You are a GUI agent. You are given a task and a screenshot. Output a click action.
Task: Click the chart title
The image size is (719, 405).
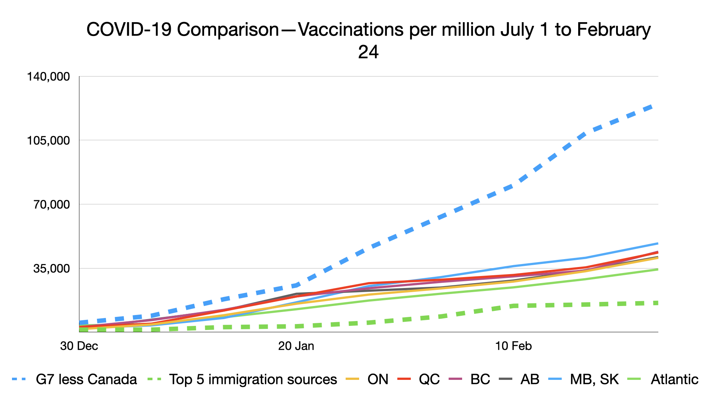click(x=368, y=30)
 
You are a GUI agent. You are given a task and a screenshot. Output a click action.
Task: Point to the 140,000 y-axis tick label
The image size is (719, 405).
click(x=48, y=76)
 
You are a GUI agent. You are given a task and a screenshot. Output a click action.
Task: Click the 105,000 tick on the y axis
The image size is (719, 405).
click(x=48, y=141)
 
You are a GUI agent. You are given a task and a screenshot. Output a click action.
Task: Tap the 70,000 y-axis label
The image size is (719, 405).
click(x=51, y=204)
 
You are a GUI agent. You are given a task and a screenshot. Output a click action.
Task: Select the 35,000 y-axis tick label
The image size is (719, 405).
click(x=51, y=268)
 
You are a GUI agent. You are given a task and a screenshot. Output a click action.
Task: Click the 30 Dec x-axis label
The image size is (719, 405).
click(x=79, y=346)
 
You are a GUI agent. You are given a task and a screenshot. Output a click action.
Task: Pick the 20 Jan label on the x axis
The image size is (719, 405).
click(x=296, y=346)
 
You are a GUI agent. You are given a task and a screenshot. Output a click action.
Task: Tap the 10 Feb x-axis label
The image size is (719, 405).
click(x=513, y=346)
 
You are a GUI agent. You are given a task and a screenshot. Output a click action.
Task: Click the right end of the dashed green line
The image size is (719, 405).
click(x=656, y=303)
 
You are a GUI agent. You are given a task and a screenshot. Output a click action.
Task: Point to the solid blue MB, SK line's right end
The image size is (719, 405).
click(x=657, y=244)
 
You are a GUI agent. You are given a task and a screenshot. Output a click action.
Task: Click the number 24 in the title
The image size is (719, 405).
click(x=368, y=52)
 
